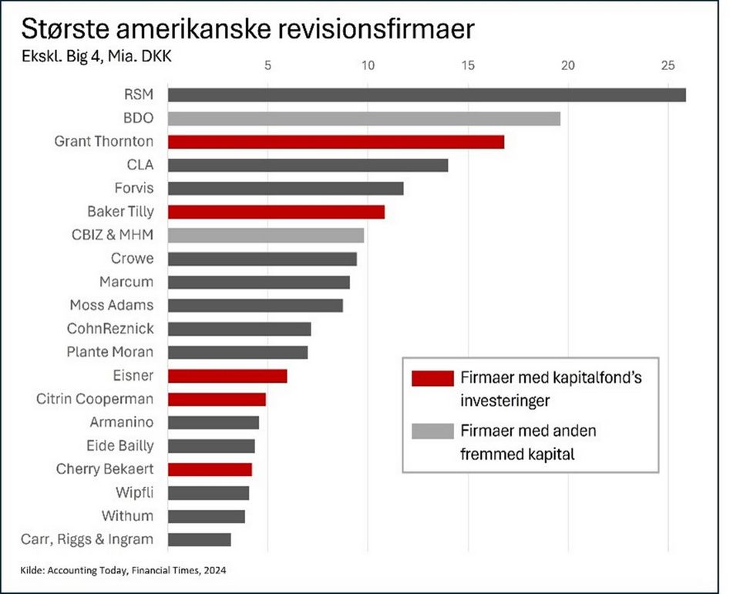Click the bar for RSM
pyautogui.click(x=426, y=95)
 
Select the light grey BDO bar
pyautogui.click(x=364, y=119)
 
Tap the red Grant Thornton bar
pyautogui.click(x=335, y=142)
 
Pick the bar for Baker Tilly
pyautogui.click(x=276, y=212)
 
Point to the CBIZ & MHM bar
pyautogui.click(x=266, y=235)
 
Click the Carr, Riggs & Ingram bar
pyautogui.click(x=199, y=539)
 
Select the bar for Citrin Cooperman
pyautogui.click(x=217, y=399)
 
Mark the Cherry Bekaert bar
pyautogui.click(x=210, y=469)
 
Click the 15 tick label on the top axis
pyautogui.click(x=467, y=66)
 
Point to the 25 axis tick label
pyautogui.click(x=668, y=66)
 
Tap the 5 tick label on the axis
pyautogui.click(x=267, y=66)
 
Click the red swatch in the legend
pyautogui.click(x=432, y=378)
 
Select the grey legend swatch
pyautogui.click(x=432, y=431)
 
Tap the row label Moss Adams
pyautogui.click(x=112, y=305)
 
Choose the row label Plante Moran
pyautogui.click(x=110, y=352)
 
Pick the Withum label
pyautogui.click(x=127, y=515)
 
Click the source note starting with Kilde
pyautogui.click(x=124, y=570)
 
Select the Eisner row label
pyautogui.click(x=133, y=375)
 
